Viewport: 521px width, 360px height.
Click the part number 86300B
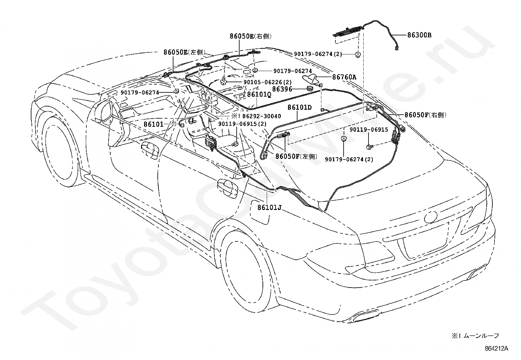tap(419, 35)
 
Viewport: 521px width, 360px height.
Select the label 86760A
tap(344, 77)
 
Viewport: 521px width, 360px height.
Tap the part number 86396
tap(282, 89)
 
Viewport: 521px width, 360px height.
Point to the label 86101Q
tap(259, 95)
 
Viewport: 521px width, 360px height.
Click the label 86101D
tap(299, 107)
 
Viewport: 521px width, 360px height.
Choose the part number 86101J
tap(269, 207)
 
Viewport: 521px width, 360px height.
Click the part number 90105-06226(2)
tap(267, 82)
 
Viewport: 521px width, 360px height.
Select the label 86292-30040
tap(262, 116)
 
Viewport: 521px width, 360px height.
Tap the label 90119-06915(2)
tap(242, 124)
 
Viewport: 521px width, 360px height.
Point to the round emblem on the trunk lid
tap(431, 217)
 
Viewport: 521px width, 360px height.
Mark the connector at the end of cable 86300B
tap(397, 48)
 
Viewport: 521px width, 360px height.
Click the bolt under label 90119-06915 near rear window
tap(369, 147)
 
